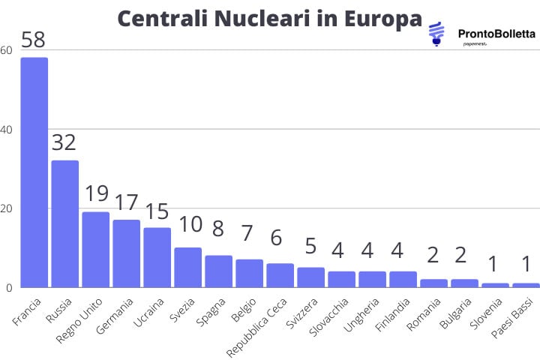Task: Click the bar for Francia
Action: click(34, 172)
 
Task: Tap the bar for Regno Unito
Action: click(95, 249)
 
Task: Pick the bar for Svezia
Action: click(187, 267)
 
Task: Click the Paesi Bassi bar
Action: click(526, 285)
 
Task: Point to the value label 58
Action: click(34, 40)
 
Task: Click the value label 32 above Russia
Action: click(64, 142)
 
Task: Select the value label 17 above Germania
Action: click(126, 202)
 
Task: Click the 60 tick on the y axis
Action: click(7, 50)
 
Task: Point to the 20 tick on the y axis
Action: click(7, 208)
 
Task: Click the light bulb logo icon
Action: click(436, 34)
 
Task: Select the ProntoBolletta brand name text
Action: click(496, 33)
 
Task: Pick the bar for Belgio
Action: click(249, 273)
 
